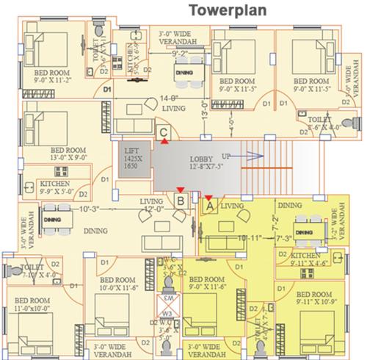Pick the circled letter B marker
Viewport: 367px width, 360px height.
pos(180,199)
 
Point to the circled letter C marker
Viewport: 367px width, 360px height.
pos(165,132)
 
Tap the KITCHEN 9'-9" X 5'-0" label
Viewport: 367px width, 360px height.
pos(56,189)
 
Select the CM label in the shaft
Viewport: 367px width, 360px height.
pos(167,298)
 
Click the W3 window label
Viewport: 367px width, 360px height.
pos(167,314)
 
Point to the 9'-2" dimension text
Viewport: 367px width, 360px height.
pos(182,54)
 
